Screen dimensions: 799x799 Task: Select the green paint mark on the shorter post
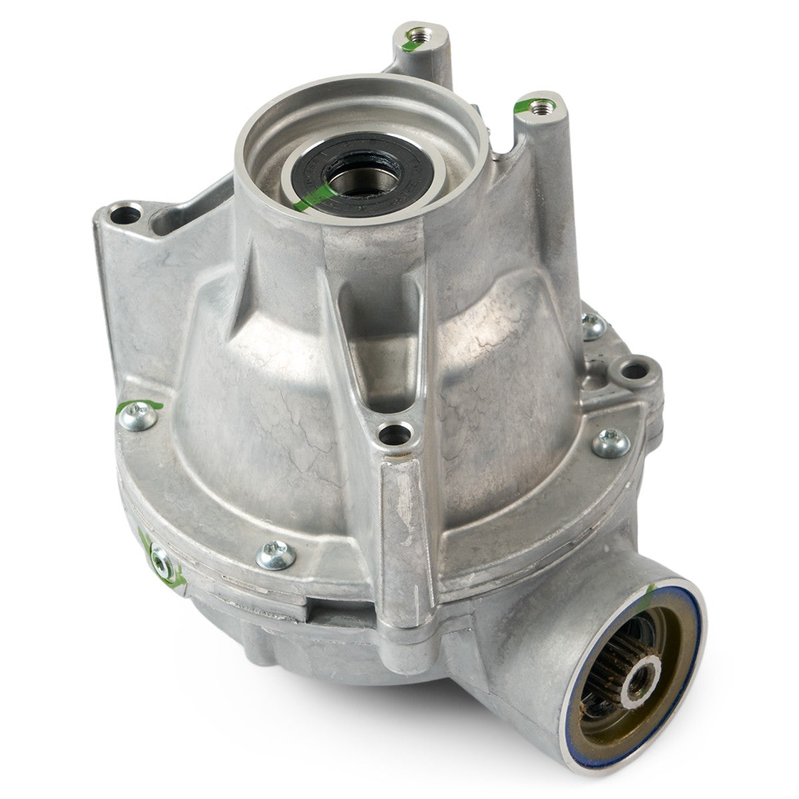(x=529, y=105)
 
